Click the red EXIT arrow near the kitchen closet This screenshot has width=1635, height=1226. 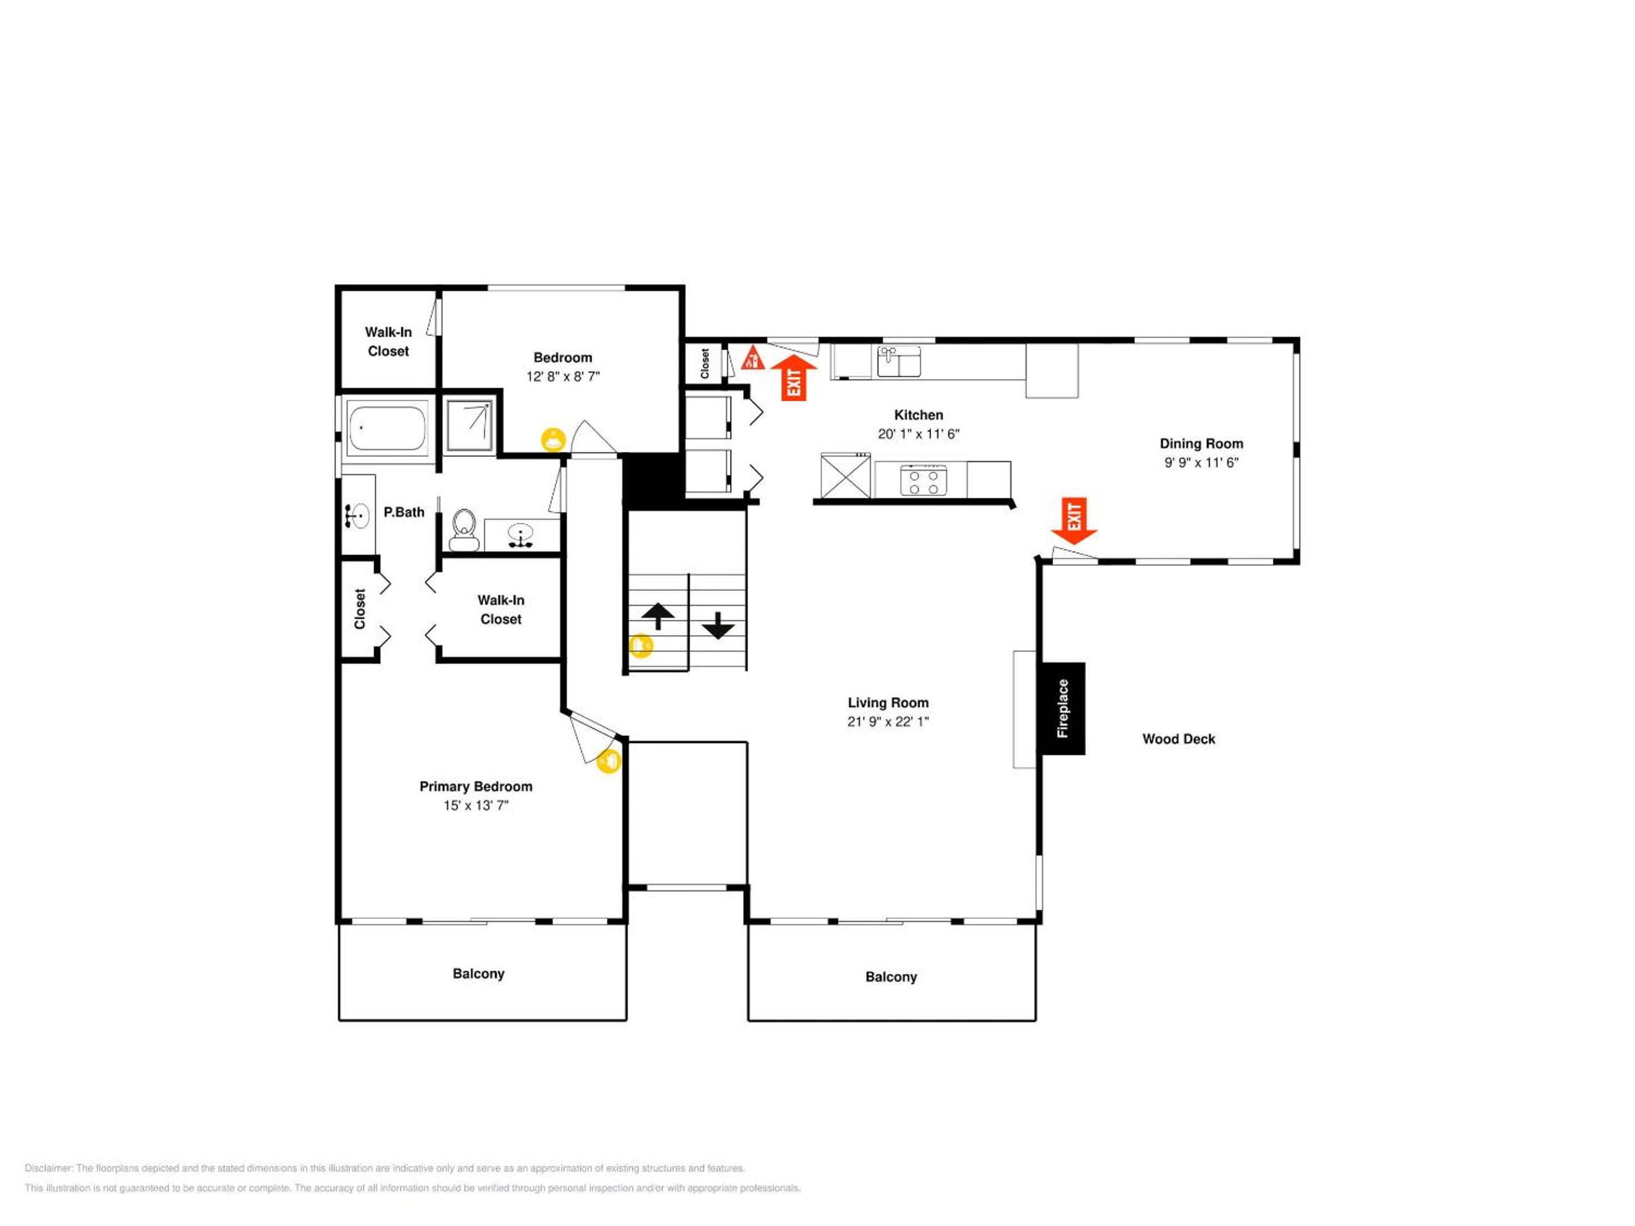click(794, 379)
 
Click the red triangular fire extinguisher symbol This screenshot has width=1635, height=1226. click(752, 358)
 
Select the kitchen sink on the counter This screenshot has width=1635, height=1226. click(899, 362)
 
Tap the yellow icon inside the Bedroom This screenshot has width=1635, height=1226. click(553, 440)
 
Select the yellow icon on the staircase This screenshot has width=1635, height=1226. click(641, 646)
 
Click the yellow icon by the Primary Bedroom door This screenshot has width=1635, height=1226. click(609, 761)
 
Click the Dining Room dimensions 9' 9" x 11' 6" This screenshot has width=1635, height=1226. click(1201, 463)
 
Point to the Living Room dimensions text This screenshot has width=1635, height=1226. click(888, 721)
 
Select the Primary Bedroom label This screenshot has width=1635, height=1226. click(475, 786)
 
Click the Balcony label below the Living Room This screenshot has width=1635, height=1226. click(891, 977)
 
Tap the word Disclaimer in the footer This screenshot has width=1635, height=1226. click(49, 1168)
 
